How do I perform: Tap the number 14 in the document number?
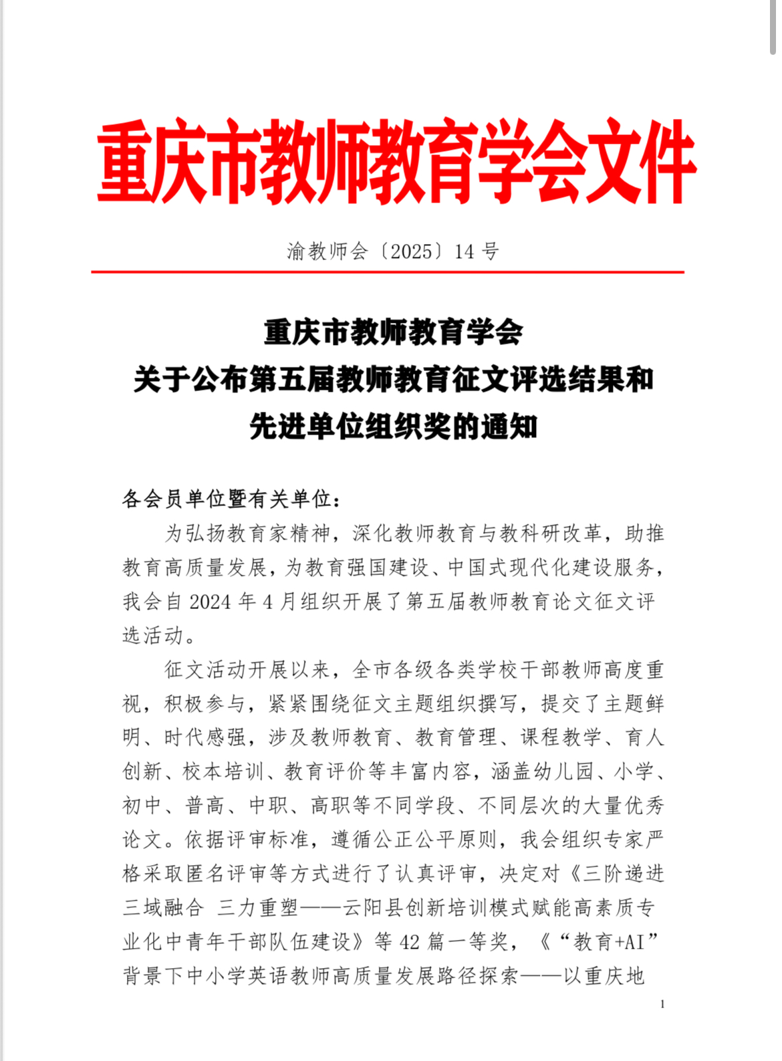(x=465, y=251)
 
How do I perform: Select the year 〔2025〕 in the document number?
(x=411, y=251)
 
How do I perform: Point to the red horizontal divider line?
(x=388, y=272)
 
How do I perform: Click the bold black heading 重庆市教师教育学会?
(x=393, y=332)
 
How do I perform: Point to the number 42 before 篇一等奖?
(x=410, y=942)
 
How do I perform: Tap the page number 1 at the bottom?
(x=662, y=1004)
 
